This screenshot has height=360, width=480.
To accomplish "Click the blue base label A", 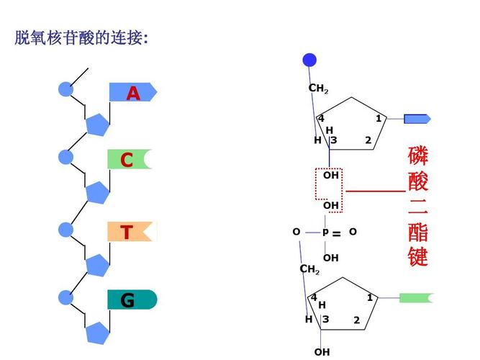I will coord(132,93).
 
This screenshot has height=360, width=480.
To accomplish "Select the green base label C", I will coord(129,160).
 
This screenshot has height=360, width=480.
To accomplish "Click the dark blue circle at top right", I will coord(309,60).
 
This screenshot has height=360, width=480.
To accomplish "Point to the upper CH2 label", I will coord(318,89).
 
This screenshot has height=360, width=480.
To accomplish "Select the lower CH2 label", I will coord(309,269).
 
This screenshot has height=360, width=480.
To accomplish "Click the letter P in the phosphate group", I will coord(325,233).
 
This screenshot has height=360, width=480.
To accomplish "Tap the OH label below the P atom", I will coord(330,258).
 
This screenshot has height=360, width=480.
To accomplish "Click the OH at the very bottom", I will coord(322,352).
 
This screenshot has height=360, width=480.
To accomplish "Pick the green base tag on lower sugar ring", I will coord(417,297).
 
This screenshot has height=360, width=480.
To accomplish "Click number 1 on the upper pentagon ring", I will coord(379,119).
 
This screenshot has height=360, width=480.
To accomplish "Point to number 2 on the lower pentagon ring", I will coord(356,320).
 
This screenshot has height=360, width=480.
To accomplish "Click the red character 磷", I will coord(418,156).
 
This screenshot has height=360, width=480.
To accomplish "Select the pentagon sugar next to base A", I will coord(99,125).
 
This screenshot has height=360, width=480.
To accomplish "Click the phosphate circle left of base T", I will coord(66,230).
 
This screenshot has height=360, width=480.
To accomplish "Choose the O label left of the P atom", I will coord(296,232).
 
